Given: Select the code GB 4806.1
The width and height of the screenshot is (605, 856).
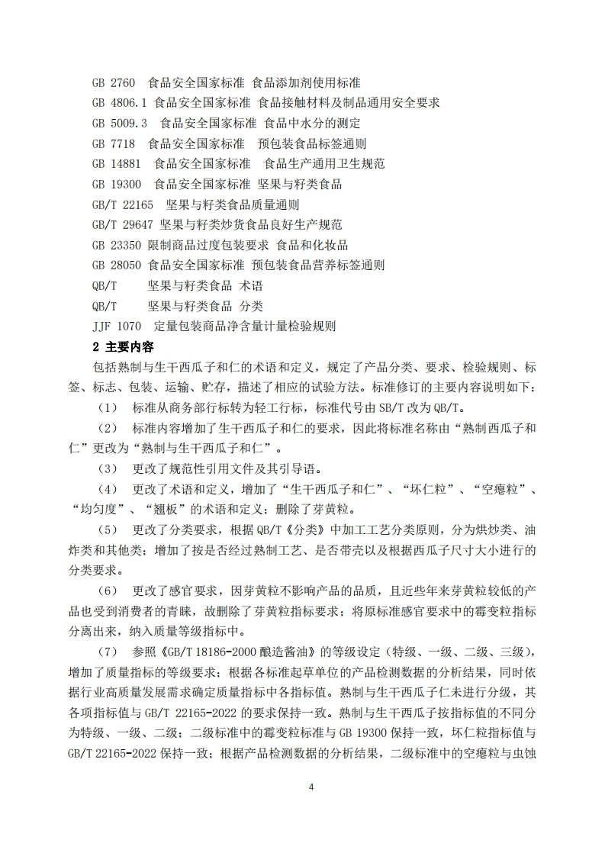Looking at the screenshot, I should (119, 102).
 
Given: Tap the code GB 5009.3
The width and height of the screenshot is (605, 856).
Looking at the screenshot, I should (119, 123).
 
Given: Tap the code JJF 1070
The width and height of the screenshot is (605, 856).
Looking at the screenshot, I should (117, 327).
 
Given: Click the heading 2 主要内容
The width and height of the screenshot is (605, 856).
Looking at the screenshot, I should (123, 347).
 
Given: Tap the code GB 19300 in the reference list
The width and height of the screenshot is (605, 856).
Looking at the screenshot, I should (117, 184).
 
